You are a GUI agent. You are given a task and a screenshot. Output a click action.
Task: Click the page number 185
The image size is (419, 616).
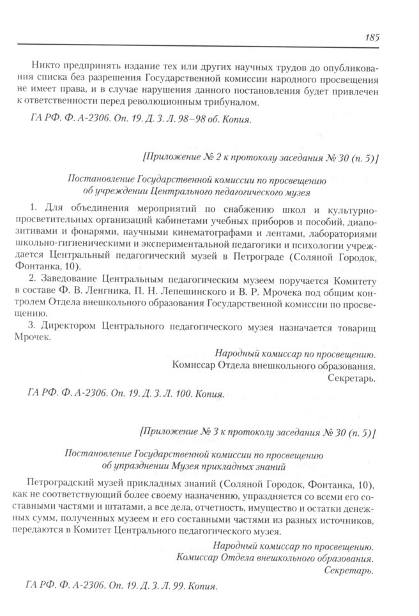[x=372, y=36]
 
